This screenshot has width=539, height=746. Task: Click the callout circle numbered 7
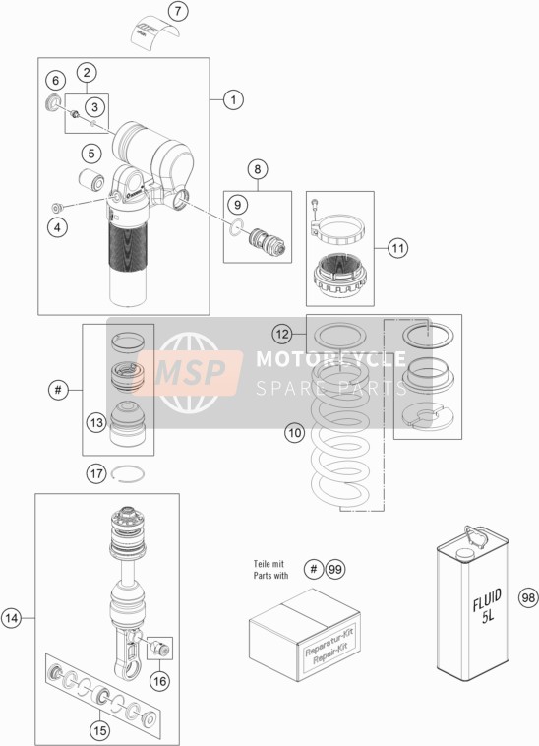pos(178,11)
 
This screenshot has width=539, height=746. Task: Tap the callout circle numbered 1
pos(233,100)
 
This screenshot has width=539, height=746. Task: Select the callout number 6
pos(56,80)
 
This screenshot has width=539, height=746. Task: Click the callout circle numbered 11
pos(397,248)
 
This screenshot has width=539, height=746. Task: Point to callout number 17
pos(96,473)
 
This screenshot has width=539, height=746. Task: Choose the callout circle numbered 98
pos(528,597)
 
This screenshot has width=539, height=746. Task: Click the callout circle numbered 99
pos(335,569)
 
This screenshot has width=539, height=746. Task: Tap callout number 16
pos(159,681)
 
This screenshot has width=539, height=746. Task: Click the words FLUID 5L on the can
pos(487,607)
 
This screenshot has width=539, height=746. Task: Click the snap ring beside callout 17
pos(128,474)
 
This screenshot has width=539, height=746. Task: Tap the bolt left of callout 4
pos(57,208)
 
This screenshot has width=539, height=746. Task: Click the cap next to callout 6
pos(54,102)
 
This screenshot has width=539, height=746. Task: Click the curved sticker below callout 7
pos(156,34)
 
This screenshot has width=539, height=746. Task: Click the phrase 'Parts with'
pos(270,575)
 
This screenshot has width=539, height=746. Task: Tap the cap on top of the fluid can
pos(462,554)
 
